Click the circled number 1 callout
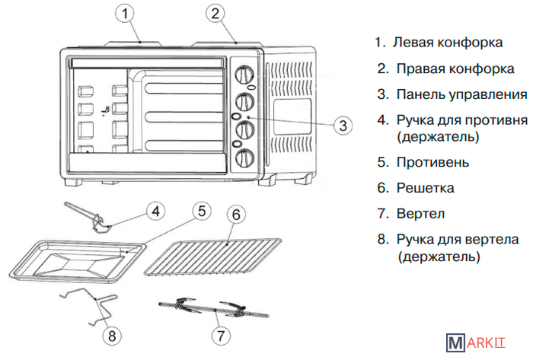pyautogui.click(x=126, y=13)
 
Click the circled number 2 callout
pyautogui.click(x=217, y=13)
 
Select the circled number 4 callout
pyautogui.click(x=155, y=209)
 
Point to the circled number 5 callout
pyautogui.click(x=200, y=210)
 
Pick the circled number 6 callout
pyautogui.click(x=236, y=215)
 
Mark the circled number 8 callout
pyautogui.click(x=112, y=334)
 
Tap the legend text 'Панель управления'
pyautogui.click(x=461, y=95)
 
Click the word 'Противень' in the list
pyautogui.click(x=432, y=162)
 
